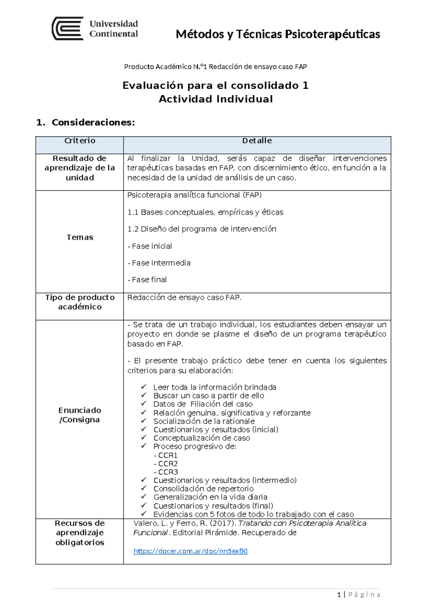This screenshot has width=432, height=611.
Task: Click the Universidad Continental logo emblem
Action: tap(68, 28)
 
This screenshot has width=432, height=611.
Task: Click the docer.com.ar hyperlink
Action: tap(190, 551)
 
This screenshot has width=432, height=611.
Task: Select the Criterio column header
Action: tap(80, 141)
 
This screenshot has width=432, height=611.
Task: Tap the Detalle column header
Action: tap(257, 141)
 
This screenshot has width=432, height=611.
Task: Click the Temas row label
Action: tap(80, 237)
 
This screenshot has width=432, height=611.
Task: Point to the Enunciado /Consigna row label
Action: tap(80, 415)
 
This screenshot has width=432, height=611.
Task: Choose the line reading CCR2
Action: tap(166, 464)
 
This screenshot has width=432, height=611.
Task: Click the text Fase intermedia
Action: tap(159, 263)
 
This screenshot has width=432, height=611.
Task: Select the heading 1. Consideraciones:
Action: tap(86, 122)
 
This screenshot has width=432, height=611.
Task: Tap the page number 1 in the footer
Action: tap(339, 594)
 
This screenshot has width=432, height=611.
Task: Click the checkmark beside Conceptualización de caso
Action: tap(144, 437)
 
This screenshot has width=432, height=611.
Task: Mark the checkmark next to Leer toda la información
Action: tap(144, 387)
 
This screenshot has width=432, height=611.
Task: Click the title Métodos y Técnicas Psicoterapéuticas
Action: tap(278, 34)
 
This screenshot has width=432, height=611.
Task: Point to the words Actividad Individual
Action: tap(216, 99)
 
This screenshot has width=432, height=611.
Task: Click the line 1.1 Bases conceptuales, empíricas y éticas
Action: tap(205, 212)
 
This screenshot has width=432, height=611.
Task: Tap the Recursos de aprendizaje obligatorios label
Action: tap(80, 533)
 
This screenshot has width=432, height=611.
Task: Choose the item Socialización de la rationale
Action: tap(204, 421)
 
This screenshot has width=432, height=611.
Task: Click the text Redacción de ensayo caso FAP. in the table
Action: tap(184, 298)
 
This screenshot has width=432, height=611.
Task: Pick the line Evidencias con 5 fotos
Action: tap(253, 514)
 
